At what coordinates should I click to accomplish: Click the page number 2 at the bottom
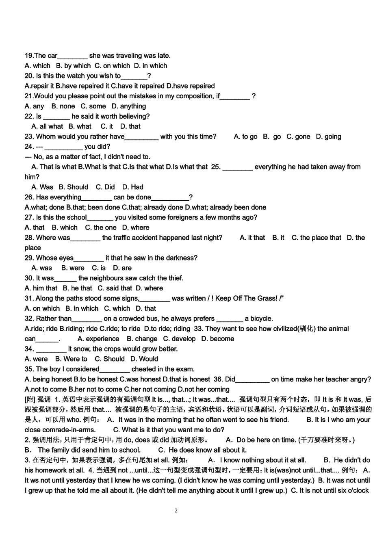click(176, 511)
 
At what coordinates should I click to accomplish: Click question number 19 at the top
click(29, 56)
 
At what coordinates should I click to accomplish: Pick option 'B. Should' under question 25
click(74, 187)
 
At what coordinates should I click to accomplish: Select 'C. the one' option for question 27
click(100, 227)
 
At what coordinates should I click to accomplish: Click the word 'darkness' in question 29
click(180, 258)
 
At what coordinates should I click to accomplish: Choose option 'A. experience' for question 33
click(98, 339)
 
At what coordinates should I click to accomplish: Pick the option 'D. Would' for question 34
click(144, 359)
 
